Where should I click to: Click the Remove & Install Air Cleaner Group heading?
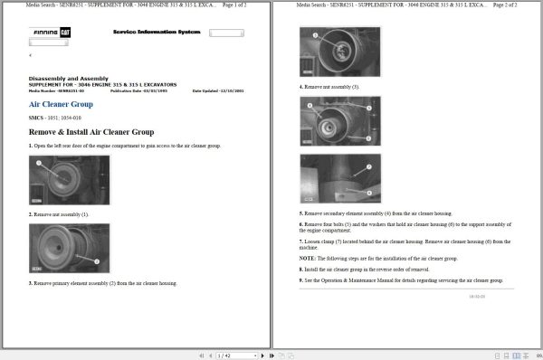tap(90, 132)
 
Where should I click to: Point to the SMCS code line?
tap(55, 118)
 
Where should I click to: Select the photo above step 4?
tap(339, 52)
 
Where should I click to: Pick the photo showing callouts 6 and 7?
tap(339, 176)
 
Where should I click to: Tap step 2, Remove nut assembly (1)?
tap(59, 214)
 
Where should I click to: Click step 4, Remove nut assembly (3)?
tap(329, 87)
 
